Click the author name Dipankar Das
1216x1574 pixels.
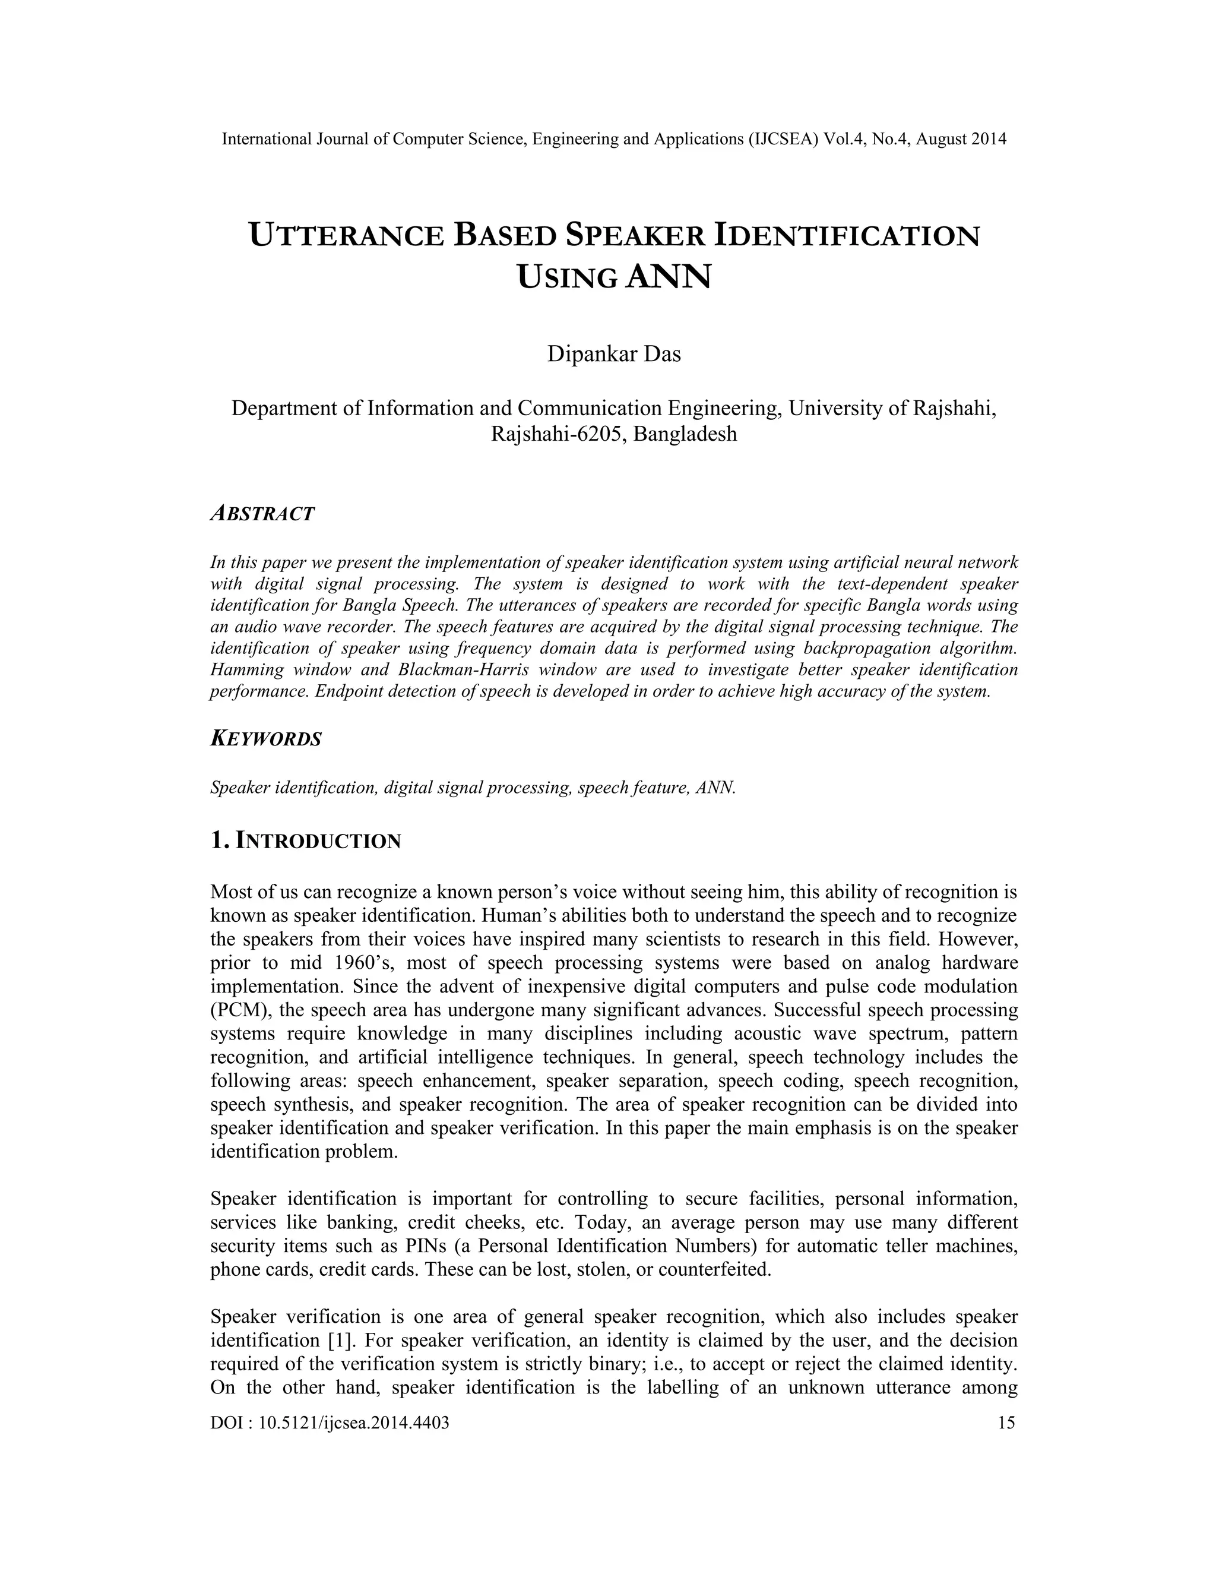614,355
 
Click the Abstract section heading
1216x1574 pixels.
262,514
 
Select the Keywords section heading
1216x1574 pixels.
265,739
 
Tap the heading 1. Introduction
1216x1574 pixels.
305,840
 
